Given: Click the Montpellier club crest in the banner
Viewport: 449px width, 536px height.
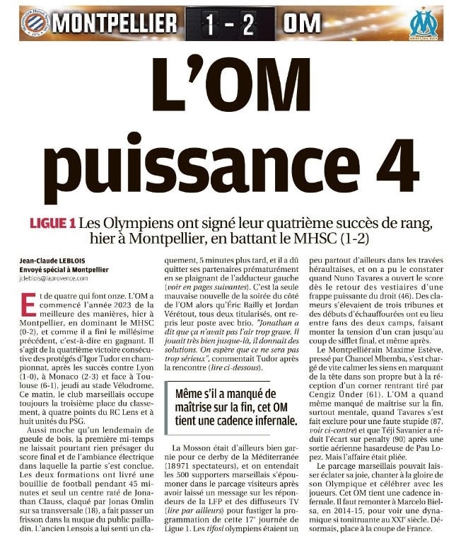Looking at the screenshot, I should (33, 23).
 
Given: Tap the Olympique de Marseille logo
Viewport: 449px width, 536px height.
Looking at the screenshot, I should (423, 23).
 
